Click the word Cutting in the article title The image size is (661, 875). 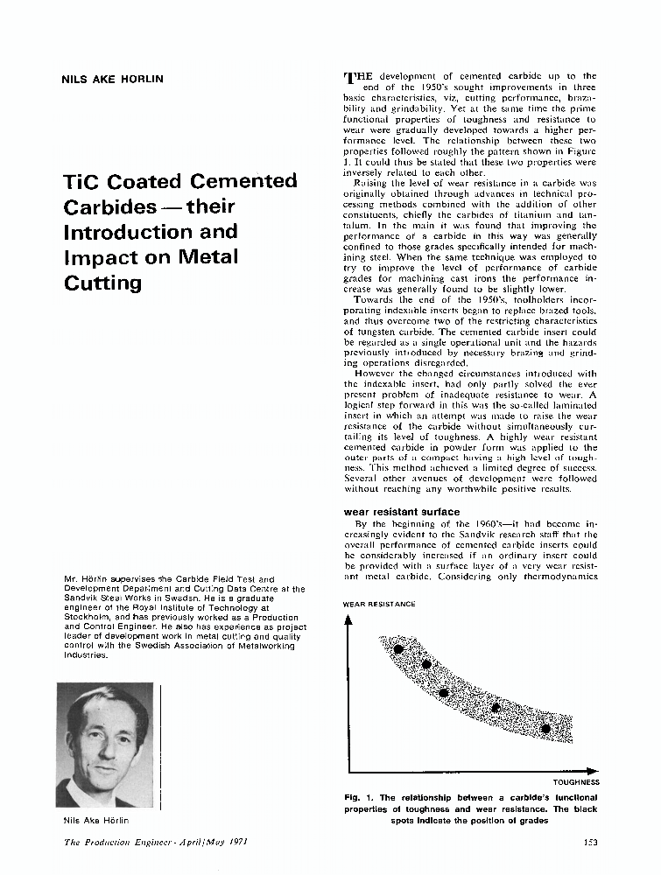click(x=102, y=283)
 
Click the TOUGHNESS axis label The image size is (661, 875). click(x=576, y=781)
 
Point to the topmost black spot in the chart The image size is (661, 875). click(x=398, y=649)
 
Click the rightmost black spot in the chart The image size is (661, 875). click(x=545, y=728)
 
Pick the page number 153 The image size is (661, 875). click(x=590, y=843)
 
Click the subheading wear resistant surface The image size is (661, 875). click(x=402, y=511)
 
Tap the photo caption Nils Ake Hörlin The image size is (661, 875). click(x=96, y=820)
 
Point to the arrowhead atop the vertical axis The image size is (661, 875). click(x=348, y=619)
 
